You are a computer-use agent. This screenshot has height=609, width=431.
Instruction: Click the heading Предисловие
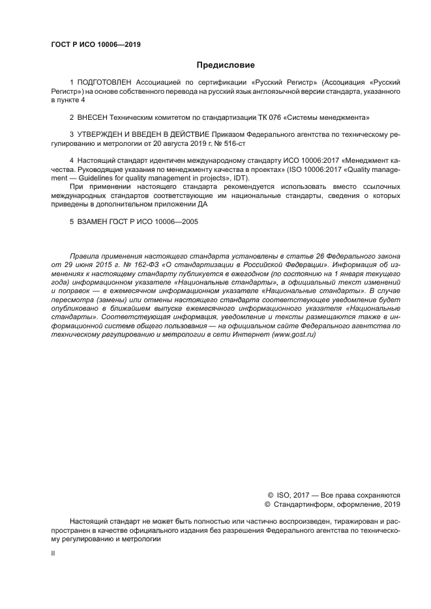pyautogui.click(x=226, y=65)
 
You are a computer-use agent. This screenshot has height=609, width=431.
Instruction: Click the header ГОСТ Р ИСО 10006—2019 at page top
pyautogui.click(x=96, y=45)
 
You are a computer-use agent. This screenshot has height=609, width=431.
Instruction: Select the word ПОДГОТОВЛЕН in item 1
pyautogui.click(x=105, y=83)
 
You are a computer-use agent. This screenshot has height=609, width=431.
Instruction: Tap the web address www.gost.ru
pyautogui.click(x=294, y=333)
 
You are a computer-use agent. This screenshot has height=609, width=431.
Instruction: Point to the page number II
pyautogui.click(x=53, y=553)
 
